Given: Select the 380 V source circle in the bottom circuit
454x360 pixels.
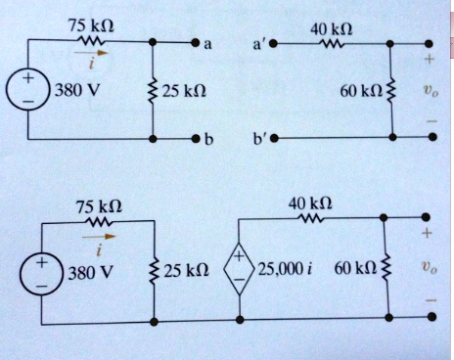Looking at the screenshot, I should tap(41, 274).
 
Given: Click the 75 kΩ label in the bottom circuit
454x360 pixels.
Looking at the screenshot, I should tap(99, 207).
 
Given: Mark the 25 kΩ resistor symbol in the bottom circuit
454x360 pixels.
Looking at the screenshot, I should tap(155, 270).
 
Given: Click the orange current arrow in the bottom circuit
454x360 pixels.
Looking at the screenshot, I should tap(96, 235).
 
